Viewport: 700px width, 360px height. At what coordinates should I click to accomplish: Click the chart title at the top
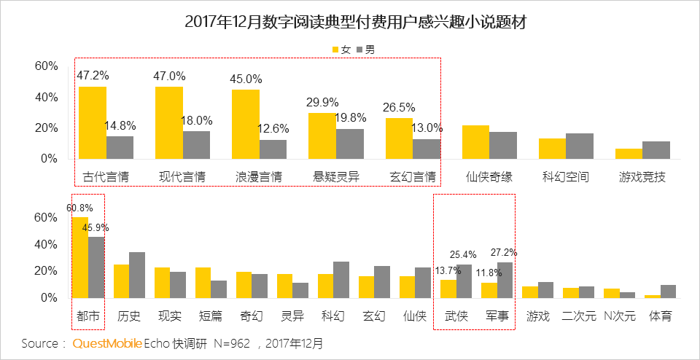coord(350,22)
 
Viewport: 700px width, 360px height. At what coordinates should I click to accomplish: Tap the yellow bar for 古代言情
coord(93,122)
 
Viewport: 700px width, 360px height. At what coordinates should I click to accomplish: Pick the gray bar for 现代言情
coord(196,144)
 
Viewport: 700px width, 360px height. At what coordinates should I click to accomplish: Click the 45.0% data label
coord(247,79)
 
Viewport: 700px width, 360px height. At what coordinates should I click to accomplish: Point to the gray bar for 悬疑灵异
coord(349,144)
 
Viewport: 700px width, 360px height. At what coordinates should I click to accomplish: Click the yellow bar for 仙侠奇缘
coord(475,141)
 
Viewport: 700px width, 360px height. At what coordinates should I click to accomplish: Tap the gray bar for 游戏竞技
coord(656,149)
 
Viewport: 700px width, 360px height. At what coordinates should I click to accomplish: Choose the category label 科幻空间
coord(565,176)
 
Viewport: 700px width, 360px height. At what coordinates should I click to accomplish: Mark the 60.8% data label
coord(79,208)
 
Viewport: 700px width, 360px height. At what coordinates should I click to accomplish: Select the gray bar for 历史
coord(137,275)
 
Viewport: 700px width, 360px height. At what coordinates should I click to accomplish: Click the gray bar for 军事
coord(505,280)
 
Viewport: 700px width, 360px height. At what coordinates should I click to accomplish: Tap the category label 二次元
coord(579,317)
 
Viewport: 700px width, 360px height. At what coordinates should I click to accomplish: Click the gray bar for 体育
coord(669,291)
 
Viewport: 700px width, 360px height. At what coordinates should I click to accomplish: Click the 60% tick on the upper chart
coord(47,66)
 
